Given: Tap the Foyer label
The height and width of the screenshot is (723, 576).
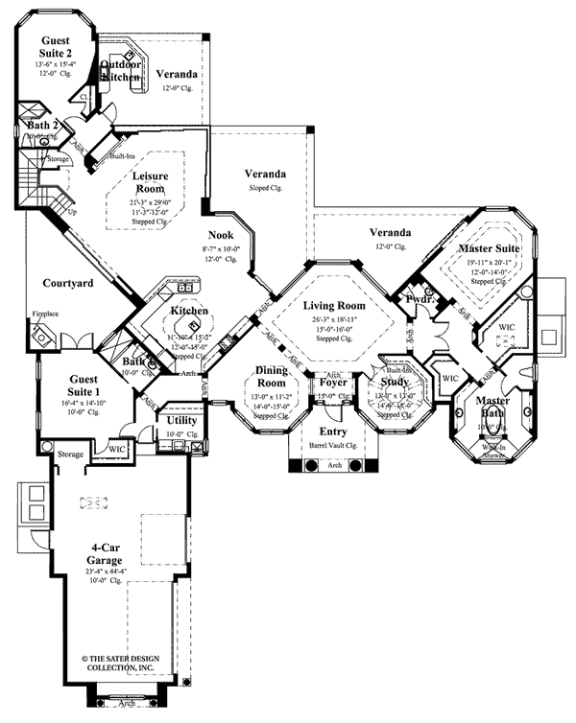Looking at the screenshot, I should click(332, 383).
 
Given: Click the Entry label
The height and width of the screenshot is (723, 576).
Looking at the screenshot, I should click(331, 433).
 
